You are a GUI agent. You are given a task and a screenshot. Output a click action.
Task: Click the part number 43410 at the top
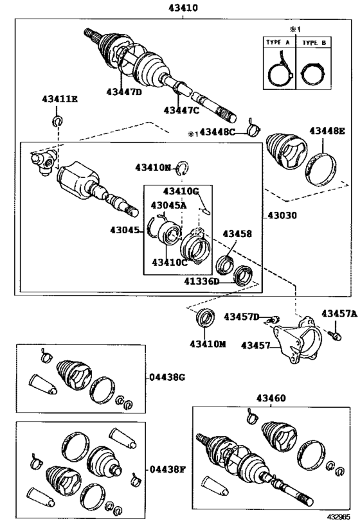pos(182,8)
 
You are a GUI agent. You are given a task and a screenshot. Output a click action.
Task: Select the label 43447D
pos(124,92)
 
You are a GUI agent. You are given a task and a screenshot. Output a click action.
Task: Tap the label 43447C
pos(182,110)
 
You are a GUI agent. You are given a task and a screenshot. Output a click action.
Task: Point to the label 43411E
pos(60,98)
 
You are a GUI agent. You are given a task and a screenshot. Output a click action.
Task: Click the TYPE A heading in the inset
pos(278,42)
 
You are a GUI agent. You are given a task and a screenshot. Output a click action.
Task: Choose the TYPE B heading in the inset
pos(314,42)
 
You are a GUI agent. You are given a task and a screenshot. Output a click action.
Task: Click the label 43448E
pos(327,131)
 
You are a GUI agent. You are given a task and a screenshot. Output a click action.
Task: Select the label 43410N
pos(154,168)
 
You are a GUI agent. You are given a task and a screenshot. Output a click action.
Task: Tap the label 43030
pos(282,216)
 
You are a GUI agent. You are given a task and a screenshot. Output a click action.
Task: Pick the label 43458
pos(237,235)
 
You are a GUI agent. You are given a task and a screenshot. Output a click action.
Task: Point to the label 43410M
pos(208,344)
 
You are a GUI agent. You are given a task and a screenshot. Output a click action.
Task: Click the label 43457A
pos(339,313)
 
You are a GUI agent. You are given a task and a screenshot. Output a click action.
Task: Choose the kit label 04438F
pos(168,469)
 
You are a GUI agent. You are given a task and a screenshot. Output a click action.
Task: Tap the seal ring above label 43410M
pos(206,318)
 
